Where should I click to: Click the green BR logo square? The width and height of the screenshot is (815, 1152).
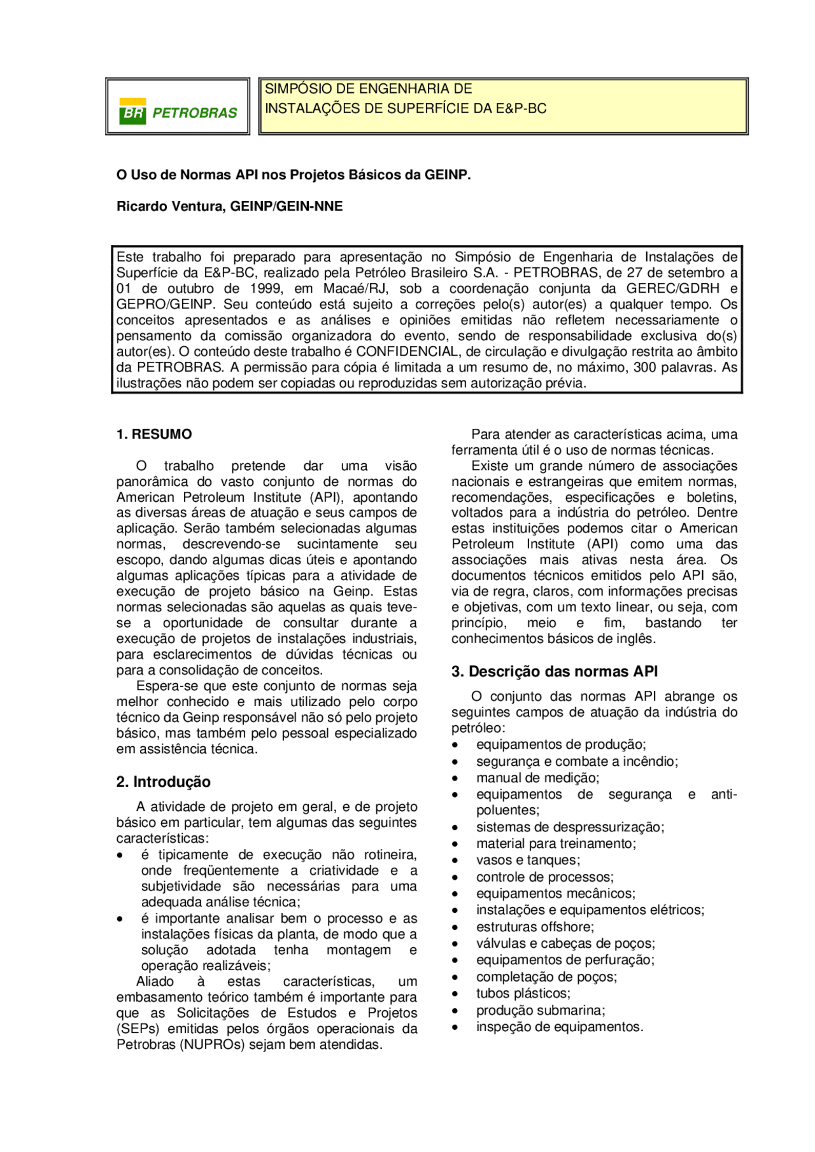(132, 111)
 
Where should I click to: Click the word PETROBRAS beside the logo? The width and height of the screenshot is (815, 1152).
(195, 113)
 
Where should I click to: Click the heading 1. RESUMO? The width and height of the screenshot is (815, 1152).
(154, 434)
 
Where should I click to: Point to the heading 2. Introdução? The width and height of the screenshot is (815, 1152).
(163, 782)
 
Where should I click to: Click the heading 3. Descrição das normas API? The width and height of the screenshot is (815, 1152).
(555, 672)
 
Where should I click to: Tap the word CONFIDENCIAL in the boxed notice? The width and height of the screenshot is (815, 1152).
(407, 352)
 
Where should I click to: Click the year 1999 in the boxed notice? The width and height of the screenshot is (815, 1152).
(267, 289)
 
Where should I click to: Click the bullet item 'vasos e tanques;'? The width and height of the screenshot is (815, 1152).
(528, 861)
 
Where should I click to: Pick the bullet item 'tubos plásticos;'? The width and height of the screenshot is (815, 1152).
(523, 994)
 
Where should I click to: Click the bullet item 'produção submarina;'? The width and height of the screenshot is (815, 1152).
(541, 1010)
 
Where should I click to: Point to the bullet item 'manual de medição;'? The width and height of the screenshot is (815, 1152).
(537, 778)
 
